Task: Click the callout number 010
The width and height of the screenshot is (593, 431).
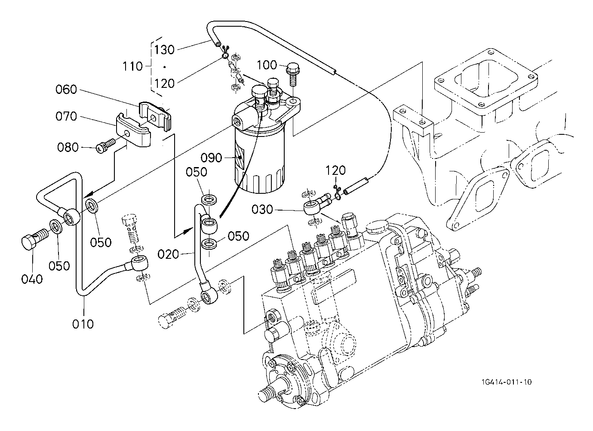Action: pos(83,324)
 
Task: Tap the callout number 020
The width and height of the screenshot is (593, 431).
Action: pos(168,254)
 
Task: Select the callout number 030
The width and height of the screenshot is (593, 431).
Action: pos(262,209)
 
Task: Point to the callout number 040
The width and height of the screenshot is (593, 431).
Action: pos(32,279)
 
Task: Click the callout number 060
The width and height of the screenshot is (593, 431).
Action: pos(66,89)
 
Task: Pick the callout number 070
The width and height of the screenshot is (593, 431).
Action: pos(66,116)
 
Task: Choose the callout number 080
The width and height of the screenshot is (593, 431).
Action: pos(68,147)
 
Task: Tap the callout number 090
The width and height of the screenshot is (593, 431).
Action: pos(211,158)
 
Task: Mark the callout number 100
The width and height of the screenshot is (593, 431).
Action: pos(267,65)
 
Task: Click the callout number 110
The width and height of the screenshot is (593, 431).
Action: pos(132,66)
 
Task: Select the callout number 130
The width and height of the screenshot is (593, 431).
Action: pos(164,50)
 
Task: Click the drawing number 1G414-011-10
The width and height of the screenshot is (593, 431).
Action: pos(507,382)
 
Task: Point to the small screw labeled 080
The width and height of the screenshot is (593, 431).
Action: pos(106,145)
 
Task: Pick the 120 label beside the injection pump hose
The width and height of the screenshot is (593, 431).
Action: pos(335,170)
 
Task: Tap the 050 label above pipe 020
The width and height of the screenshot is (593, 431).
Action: pos(196,172)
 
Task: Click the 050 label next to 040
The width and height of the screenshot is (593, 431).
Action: pos(59,266)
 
